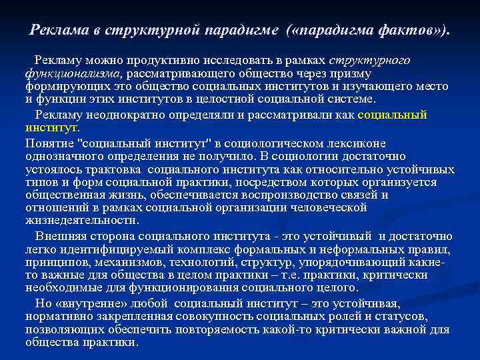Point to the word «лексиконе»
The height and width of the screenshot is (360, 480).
pos(359,143)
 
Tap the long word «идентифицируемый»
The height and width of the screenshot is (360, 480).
pos(128,250)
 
